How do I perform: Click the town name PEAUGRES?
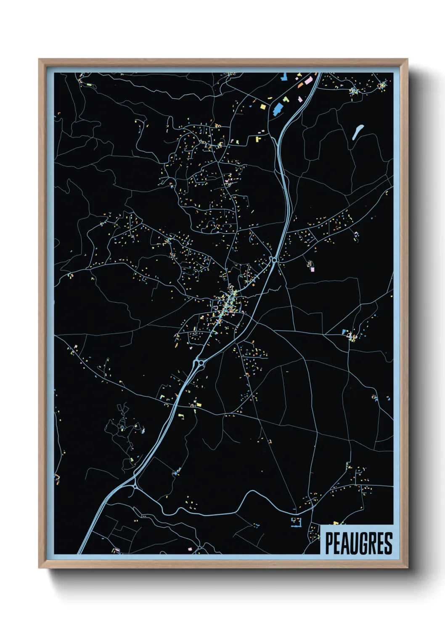pyautogui.click(x=358, y=543)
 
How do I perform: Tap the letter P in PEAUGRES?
pyautogui.click(x=329, y=543)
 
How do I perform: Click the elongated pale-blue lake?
pyautogui.click(x=358, y=131)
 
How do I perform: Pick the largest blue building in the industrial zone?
pyautogui.click(x=278, y=108)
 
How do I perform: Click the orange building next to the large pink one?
pyautogui.click(x=301, y=85)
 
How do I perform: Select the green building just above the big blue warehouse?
pyautogui.click(x=286, y=99)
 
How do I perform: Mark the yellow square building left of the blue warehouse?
pyautogui.click(x=263, y=106)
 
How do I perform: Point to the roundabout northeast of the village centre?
pyautogui.click(x=274, y=261)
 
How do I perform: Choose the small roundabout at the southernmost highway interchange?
pyautogui.click(x=134, y=486)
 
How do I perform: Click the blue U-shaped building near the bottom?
pyautogui.click(x=297, y=522)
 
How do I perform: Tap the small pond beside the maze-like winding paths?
pyautogui.click(x=143, y=430)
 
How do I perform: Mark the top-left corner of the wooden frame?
pyautogui.click(x=39, y=59)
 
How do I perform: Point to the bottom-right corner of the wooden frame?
pyautogui.click(x=407, y=568)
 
